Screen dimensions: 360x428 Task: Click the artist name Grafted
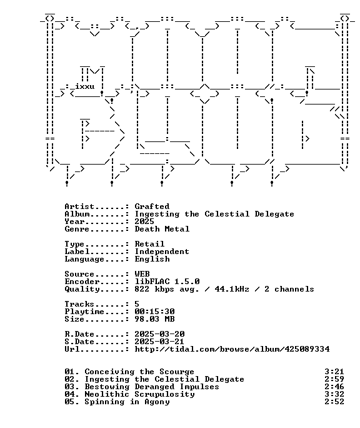point(152,206)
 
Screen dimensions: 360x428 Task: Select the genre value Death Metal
point(162,229)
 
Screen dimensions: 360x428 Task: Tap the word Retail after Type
point(149,244)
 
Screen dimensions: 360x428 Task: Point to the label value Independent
point(162,252)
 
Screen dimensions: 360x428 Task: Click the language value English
point(152,259)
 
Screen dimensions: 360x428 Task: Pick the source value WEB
point(142,274)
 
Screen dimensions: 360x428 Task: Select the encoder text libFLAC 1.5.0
point(167,282)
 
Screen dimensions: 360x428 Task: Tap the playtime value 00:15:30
point(154,312)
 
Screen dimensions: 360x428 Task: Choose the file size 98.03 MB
point(154,319)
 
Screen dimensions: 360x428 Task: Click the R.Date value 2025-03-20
point(159,334)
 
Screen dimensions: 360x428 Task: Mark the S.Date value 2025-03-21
point(159,342)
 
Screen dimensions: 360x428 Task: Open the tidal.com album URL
point(232,349)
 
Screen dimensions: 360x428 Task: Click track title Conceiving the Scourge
point(139,372)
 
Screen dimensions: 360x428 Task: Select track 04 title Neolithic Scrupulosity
point(139,394)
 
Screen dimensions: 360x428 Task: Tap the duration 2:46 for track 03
point(334,387)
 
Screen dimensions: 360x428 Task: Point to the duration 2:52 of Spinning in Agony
point(334,402)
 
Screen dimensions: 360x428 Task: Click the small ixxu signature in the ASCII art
point(85,86)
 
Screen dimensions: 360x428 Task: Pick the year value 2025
point(144,222)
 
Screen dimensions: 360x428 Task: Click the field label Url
point(72,349)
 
